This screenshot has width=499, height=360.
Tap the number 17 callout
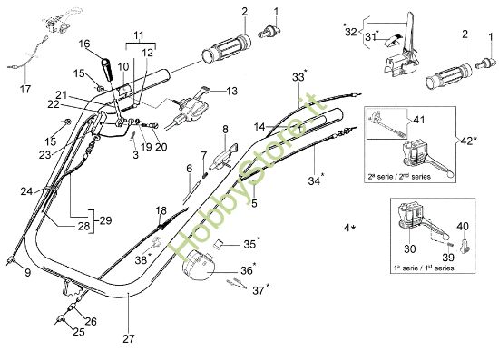pyautogui.click(x=24, y=89)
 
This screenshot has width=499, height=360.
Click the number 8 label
pyautogui.click(x=224, y=130)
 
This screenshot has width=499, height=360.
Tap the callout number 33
pyautogui.click(x=298, y=79)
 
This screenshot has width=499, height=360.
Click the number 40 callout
pyautogui.click(x=463, y=226)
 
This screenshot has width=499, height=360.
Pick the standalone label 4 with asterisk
pyautogui.click(x=348, y=224)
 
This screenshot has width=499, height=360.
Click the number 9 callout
pyautogui.click(x=26, y=271)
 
